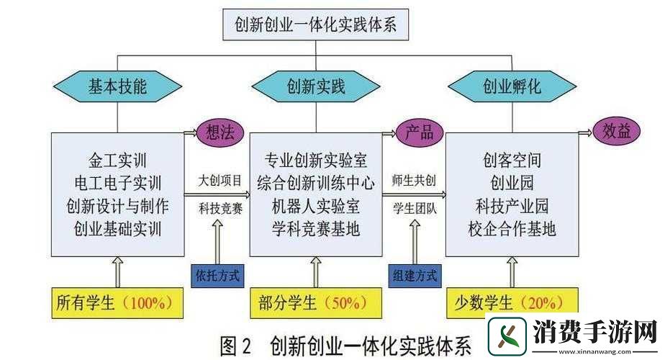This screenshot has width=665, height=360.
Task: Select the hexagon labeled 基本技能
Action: [118, 88]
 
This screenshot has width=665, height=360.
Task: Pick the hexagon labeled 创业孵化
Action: [512, 88]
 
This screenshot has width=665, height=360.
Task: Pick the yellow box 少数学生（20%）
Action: [512, 303]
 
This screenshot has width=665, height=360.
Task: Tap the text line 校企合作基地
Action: [512, 230]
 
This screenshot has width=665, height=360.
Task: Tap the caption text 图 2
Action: [235, 346]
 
